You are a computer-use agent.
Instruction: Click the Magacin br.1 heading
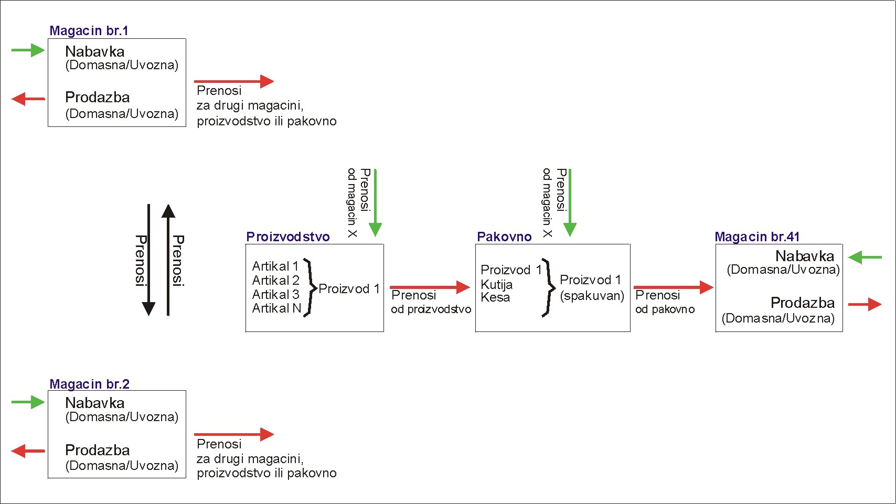click(89, 31)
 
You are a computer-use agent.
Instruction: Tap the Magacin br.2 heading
click(89, 384)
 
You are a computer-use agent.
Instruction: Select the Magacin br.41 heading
click(756, 237)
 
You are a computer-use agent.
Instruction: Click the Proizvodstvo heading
click(287, 237)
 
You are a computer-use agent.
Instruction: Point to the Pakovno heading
click(504, 237)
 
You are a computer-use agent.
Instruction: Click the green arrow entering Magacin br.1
click(28, 50)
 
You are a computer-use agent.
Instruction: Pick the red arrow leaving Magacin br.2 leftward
click(28, 451)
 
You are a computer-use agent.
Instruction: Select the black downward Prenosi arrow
click(149, 260)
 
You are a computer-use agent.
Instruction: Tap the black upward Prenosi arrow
click(168, 260)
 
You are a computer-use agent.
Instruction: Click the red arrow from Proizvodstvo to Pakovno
click(430, 287)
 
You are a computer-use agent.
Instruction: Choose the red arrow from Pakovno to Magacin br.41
click(674, 287)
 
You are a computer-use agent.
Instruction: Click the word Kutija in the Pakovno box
click(496, 285)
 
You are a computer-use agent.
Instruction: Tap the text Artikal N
click(276, 308)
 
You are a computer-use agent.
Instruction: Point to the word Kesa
click(495, 297)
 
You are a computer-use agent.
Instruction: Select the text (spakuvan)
click(592, 296)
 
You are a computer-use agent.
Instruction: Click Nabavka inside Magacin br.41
click(804, 256)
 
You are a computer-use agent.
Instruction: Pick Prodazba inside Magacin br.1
click(97, 98)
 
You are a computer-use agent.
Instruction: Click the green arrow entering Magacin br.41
click(865, 258)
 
